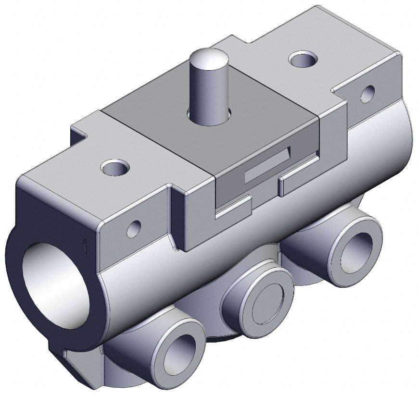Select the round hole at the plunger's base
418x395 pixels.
226,114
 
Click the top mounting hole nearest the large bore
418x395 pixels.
115,168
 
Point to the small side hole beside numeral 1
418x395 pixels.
134,228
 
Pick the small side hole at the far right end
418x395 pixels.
367,93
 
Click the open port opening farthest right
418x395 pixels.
355,253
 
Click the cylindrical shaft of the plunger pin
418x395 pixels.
207,91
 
